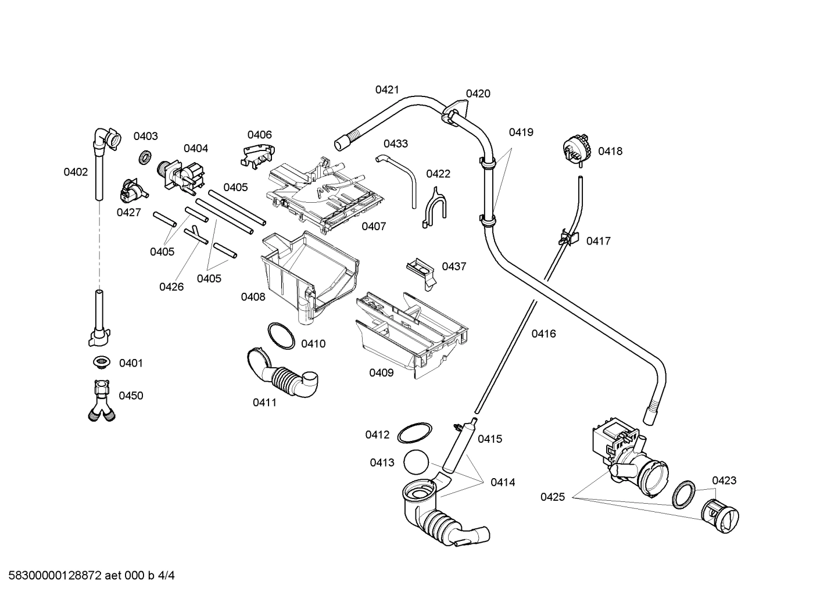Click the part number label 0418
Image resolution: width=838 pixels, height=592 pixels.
pyautogui.click(x=610, y=151)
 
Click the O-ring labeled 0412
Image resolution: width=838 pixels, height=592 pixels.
pyautogui.click(x=414, y=433)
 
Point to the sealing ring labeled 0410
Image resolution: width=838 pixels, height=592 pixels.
pyautogui.click(x=281, y=335)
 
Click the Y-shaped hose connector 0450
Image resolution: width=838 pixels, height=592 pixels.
pyautogui.click(x=101, y=400)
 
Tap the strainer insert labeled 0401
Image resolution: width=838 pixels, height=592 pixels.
pyautogui.click(x=102, y=363)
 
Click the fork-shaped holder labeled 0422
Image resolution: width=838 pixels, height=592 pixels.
pyautogui.click(x=434, y=206)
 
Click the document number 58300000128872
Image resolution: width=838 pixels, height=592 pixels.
pyautogui.click(x=52, y=576)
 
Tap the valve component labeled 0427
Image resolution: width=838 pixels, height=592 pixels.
pyautogui.click(x=132, y=190)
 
